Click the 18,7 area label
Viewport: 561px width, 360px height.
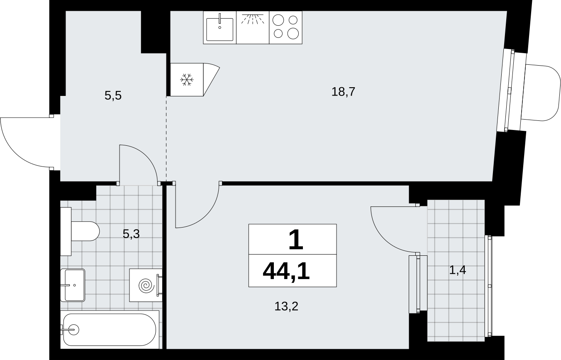(343, 92)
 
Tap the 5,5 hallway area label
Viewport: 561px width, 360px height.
(113, 96)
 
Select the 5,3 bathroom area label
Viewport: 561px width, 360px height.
(131, 234)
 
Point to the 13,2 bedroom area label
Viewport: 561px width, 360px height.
(286, 306)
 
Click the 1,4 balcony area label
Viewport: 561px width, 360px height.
(458, 270)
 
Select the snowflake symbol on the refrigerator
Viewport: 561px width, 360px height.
(187, 80)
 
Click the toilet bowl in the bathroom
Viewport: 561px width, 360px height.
(85, 231)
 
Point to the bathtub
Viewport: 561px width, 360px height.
(110, 329)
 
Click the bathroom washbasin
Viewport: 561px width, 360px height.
(73, 285)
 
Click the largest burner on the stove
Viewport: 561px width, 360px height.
(293, 34)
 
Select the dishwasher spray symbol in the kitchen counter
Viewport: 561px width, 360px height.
(253, 19)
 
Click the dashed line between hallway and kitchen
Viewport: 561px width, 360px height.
(166, 139)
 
